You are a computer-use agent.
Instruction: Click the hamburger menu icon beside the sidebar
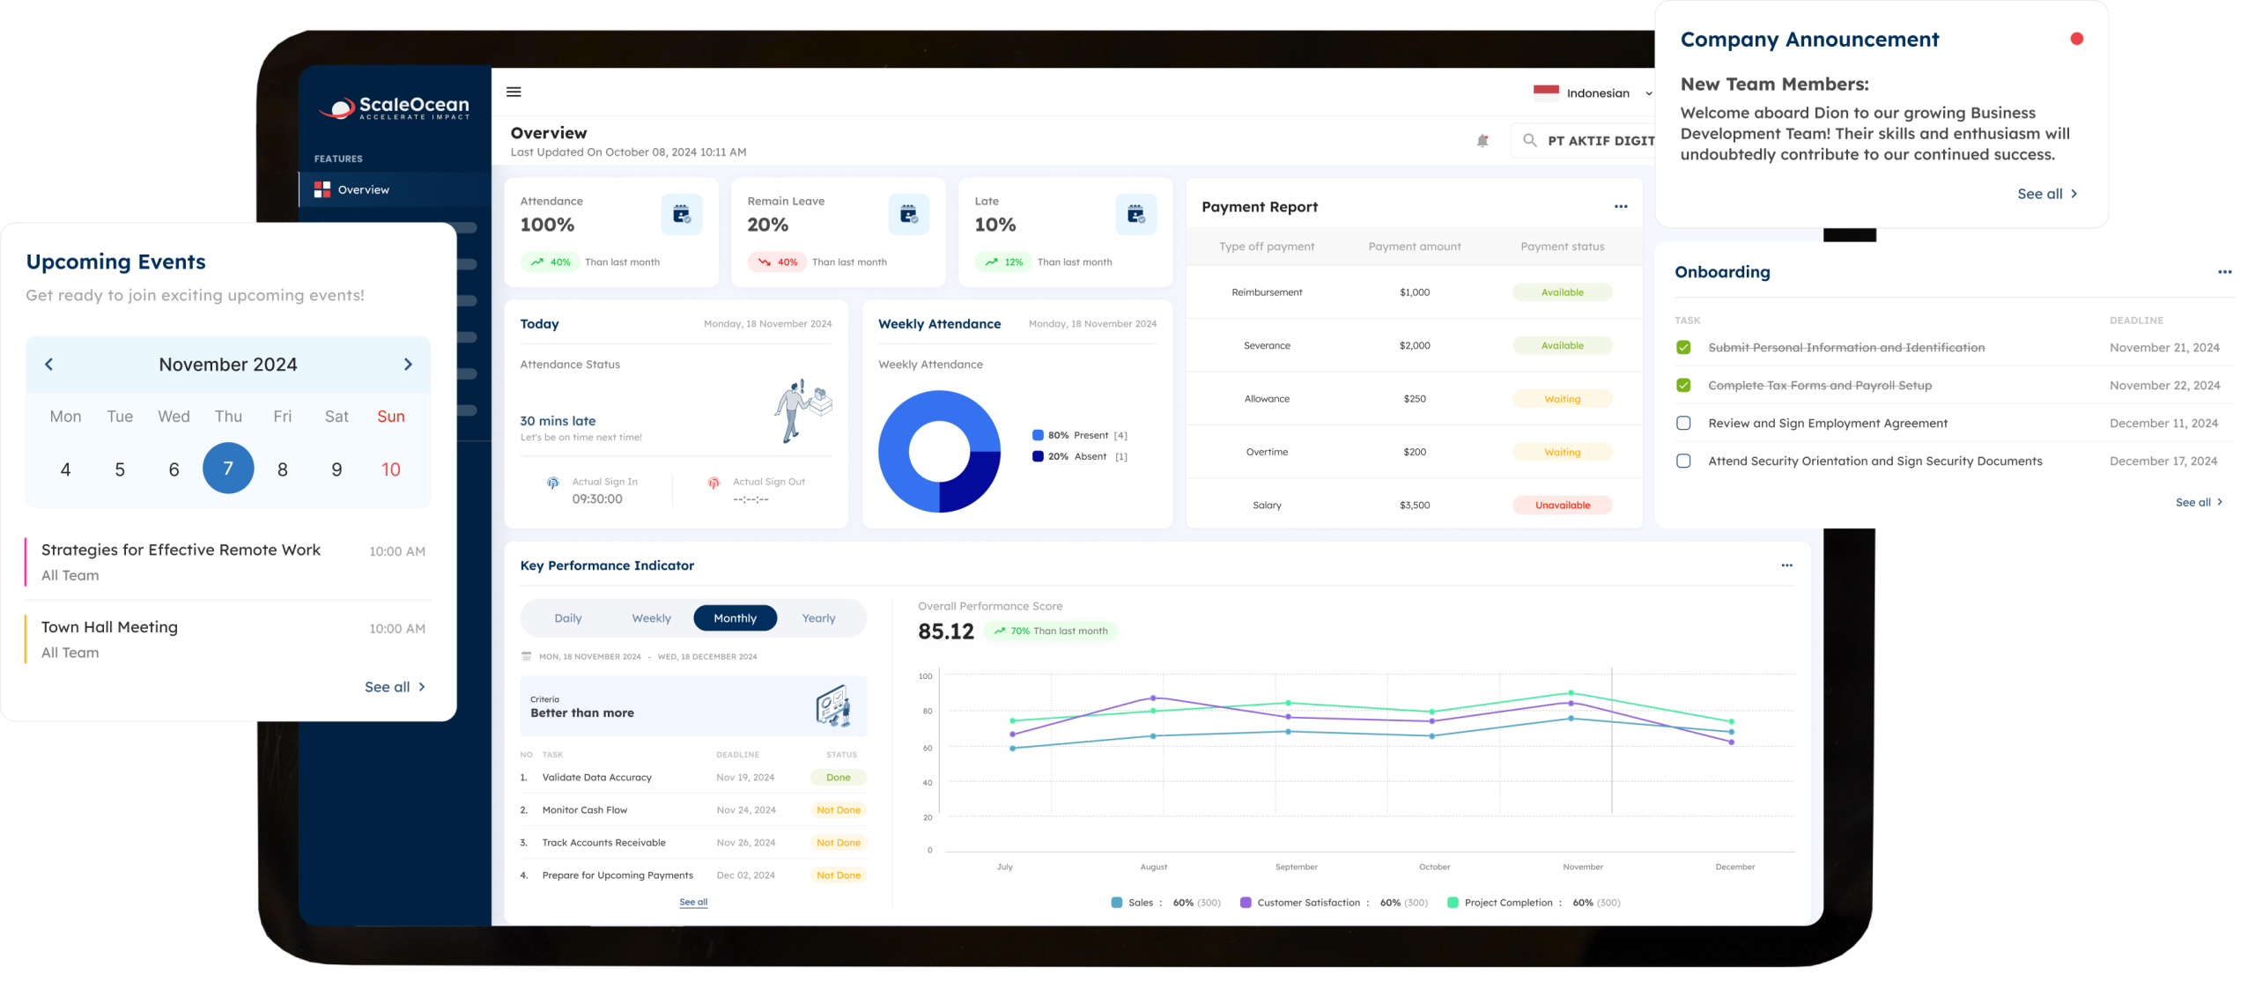click(514, 92)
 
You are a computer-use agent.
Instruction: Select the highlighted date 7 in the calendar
click(228, 469)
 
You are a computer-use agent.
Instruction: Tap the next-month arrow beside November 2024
click(408, 365)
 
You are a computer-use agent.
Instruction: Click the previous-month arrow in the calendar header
click(49, 365)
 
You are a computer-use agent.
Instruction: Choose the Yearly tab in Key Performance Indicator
click(818, 618)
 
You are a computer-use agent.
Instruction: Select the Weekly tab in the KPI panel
click(651, 618)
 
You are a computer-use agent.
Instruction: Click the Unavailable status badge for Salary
click(1562, 506)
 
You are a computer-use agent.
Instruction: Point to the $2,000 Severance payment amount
click(1415, 346)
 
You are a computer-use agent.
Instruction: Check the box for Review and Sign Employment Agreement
click(1683, 424)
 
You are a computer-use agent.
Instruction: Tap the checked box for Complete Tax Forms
click(1683, 386)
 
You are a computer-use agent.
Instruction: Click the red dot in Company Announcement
click(2076, 39)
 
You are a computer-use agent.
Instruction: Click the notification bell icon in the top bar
click(1482, 141)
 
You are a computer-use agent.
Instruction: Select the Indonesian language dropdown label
click(1598, 93)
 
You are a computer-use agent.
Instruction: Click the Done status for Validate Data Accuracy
click(838, 778)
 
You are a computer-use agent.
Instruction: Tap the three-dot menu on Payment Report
click(1621, 207)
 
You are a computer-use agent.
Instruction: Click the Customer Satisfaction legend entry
click(1308, 903)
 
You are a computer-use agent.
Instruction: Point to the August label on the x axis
click(1153, 868)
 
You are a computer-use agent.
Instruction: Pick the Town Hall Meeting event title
click(109, 627)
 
